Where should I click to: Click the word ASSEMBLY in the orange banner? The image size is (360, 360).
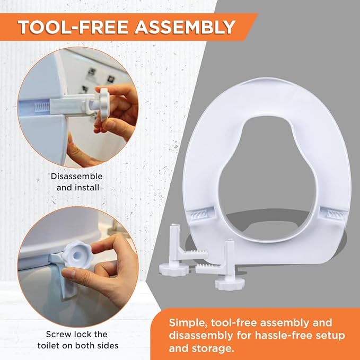tap(185, 27)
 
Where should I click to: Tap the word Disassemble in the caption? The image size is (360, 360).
tap(77, 177)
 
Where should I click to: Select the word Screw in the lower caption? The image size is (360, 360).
tap(58, 334)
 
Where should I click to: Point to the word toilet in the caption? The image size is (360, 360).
tap(50, 346)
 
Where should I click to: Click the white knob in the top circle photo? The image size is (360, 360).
tap(104, 104)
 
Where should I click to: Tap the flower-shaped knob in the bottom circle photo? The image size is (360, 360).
tap(77, 254)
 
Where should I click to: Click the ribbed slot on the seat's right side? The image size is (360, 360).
tap(336, 214)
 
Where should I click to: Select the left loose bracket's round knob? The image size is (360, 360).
tap(174, 269)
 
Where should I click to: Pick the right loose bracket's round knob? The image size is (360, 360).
tap(230, 284)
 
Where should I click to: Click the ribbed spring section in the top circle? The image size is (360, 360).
tap(42, 107)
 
